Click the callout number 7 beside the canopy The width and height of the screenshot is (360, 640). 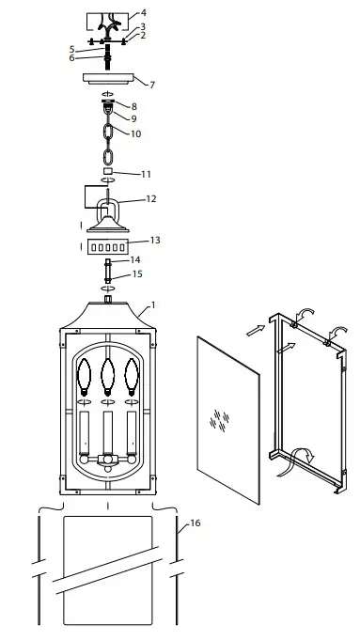152,85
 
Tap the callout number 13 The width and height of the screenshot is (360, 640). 155,240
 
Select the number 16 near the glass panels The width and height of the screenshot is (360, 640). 196,523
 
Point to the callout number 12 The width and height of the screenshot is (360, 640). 151,199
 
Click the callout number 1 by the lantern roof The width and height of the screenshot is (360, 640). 153,304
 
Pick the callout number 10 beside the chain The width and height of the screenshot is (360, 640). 135,133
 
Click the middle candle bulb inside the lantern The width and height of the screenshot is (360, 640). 108,377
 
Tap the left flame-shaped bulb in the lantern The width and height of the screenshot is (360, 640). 84,377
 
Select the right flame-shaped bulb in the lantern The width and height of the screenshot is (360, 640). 132,377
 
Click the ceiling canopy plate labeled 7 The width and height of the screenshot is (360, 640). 109,78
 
